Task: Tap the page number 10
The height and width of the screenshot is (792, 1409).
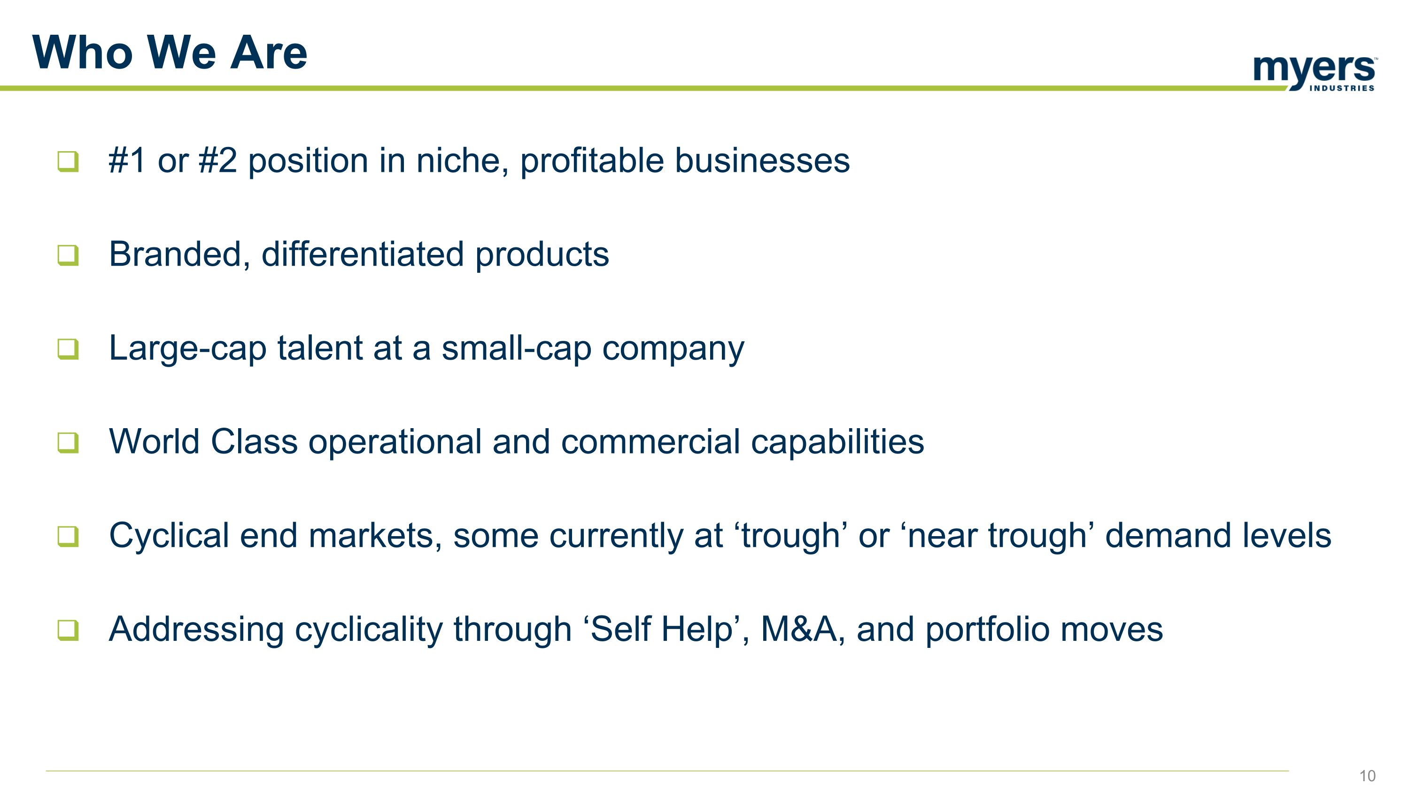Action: [x=1367, y=776]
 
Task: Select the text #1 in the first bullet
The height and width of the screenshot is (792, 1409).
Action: [x=127, y=161]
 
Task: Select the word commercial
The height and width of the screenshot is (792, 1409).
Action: [x=650, y=442]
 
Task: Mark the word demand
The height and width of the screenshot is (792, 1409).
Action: [x=1168, y=536]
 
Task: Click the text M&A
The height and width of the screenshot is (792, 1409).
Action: [x=798, y=629]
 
